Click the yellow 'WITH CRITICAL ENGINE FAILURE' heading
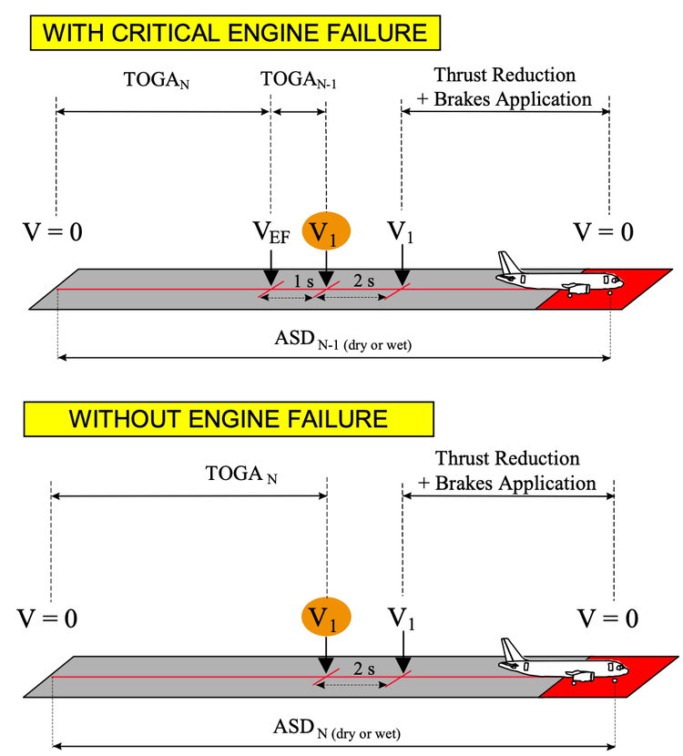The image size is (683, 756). pyautogui.click(x=236, y=34)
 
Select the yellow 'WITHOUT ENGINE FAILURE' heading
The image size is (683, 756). pyautogui.click(x=229, y=419)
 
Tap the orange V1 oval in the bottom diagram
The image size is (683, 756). pyautogui.click(x=325, y=618)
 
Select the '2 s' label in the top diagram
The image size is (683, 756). pyautogui.click(x=362, y=281)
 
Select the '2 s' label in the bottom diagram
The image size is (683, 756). pyautogui.click(x=363, y=669)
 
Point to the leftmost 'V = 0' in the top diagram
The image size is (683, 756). pyautogui.click(x=52, y=232)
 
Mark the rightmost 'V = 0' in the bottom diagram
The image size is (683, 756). pyautogui.click(x=608, y=619)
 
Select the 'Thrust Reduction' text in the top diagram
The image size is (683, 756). pyautogui.click(x=505, y=74)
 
